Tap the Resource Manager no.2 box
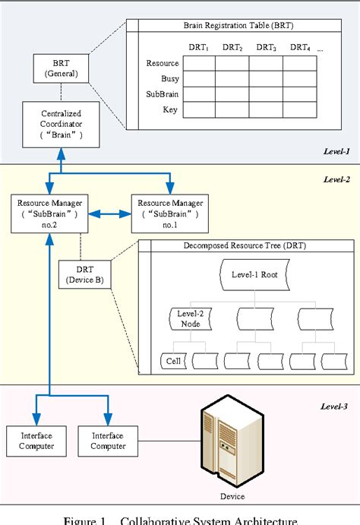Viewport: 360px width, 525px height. coord(49,213)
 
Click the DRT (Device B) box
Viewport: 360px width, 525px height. coord(85,274)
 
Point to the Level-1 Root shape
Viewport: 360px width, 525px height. coord(254,275)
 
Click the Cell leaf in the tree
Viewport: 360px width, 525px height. coord(174,362)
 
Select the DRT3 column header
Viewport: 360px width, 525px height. coord(266,47)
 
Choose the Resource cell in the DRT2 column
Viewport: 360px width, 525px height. coord(232,64)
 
